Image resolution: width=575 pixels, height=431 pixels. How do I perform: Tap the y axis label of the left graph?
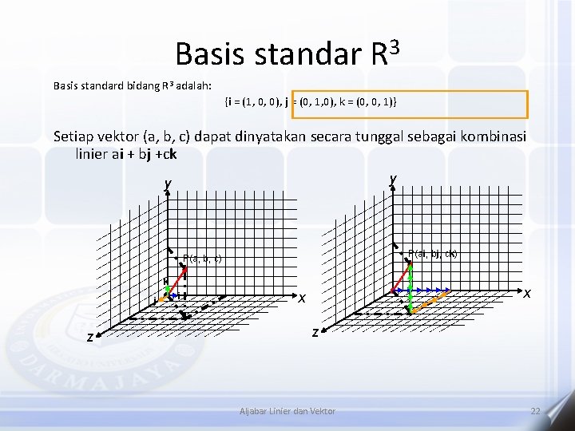click(168, 184)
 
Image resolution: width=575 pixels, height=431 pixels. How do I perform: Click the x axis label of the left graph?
click(303, 299)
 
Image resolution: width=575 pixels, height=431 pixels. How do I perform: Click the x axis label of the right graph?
click(528, 293)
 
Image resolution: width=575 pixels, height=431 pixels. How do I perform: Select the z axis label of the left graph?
click(91, 338)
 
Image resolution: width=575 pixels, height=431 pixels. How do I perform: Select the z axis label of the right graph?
click(315, 331)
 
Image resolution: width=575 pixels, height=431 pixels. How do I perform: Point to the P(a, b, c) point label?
click(202, 258)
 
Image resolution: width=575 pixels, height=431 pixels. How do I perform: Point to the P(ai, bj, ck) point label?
click(432, 254)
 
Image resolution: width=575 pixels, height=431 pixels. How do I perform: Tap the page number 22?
click(536, 411)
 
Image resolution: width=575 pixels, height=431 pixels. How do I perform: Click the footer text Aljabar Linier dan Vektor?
click(287, 411)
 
